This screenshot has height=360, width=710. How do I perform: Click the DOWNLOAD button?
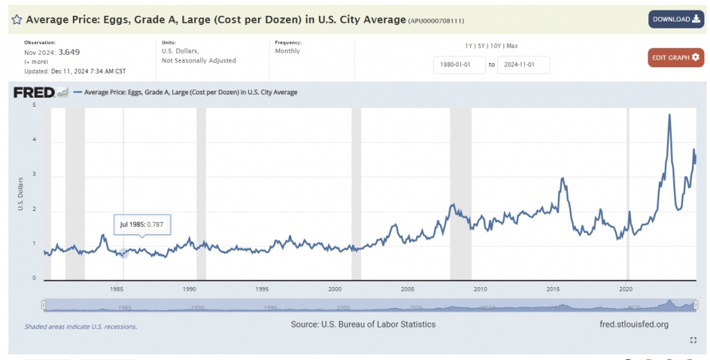pos(676,19)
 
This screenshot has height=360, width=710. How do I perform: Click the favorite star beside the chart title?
pos(17,19)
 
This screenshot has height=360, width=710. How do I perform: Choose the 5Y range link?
pos(482,46)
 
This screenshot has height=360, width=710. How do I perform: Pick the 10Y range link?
pos(496,46)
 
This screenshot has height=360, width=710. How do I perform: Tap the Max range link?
pos(512,46)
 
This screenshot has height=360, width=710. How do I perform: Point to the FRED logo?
pos(34,92)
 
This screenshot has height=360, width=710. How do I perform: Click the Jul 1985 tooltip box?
pos(142,225)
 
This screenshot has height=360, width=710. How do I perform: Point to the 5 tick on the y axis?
pos(34,105)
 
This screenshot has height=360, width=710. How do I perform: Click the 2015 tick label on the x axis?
pos(553,289)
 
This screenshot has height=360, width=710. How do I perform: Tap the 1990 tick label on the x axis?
pos(189,289)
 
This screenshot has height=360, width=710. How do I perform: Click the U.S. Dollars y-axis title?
pos(20,194)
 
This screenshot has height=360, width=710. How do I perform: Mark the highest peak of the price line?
pos(669,114)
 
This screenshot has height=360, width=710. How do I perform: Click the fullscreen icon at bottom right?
pos(693,340)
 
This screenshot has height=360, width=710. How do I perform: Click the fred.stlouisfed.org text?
pos(634,324)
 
